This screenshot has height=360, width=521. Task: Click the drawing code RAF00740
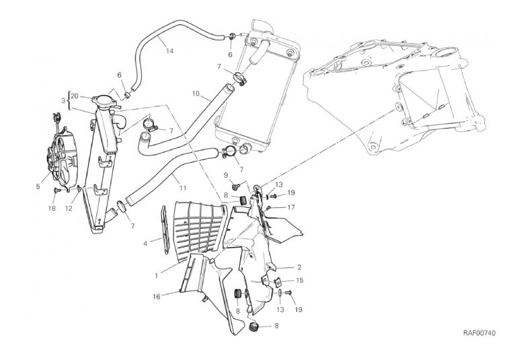[479, 333]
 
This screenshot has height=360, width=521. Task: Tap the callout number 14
[169, 51]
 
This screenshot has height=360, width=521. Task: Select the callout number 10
[196, 94]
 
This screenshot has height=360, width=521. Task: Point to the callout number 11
[182, 188]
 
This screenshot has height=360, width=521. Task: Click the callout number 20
[75, 96]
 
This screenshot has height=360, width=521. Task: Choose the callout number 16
[156, 296]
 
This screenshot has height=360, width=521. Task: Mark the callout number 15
[299, 281]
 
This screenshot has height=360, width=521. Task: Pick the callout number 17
[291, 208]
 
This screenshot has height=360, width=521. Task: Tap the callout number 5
[38, 186]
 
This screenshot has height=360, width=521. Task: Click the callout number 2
[299, 267]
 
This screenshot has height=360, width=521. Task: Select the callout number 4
[145, 244]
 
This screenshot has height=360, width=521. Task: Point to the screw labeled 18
[56, 190]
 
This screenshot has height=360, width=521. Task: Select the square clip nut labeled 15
[276, 282]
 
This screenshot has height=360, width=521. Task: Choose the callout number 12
[69, 209]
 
